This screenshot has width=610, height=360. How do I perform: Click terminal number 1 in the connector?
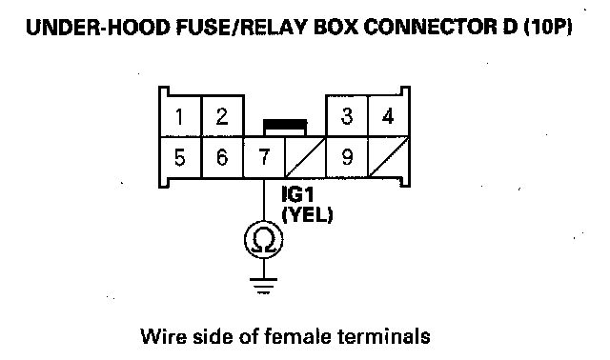[180, 116]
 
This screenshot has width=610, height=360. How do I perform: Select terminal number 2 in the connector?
[222, 116]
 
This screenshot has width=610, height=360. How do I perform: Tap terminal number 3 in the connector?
[347, 116]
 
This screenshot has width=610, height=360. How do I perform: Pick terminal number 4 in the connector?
[388, 116]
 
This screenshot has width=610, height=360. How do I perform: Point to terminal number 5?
[180, 157]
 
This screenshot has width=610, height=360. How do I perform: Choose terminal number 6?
[222, 157]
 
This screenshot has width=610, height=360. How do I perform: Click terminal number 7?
[265, 157]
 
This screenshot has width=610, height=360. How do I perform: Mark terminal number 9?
[347, 157]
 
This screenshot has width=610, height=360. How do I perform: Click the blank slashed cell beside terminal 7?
[305, 157]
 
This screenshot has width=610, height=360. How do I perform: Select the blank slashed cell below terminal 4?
[388, 157]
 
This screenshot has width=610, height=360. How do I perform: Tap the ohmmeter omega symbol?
[264, 240]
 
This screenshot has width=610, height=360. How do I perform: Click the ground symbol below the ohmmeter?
[264, 286]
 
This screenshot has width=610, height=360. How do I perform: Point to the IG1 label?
[297, 195]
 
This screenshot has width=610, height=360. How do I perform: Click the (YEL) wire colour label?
[307, 214]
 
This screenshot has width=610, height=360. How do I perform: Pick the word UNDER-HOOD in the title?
[98, 28]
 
